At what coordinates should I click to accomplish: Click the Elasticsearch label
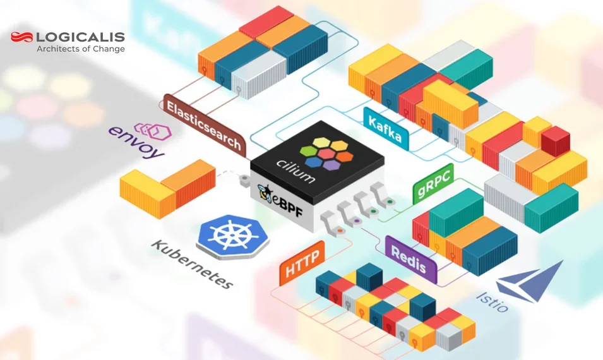(x=203, y=124)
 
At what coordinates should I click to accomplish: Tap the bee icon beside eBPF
(x=265, y=190)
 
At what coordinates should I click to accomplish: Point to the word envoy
(x=136, y=142)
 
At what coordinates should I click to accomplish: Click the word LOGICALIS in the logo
(x=81, y=37)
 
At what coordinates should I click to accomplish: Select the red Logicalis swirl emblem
(x=22, y=37)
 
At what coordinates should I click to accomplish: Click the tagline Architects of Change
(x=80, y=49)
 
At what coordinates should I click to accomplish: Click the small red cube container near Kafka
(x=556, y=140)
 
